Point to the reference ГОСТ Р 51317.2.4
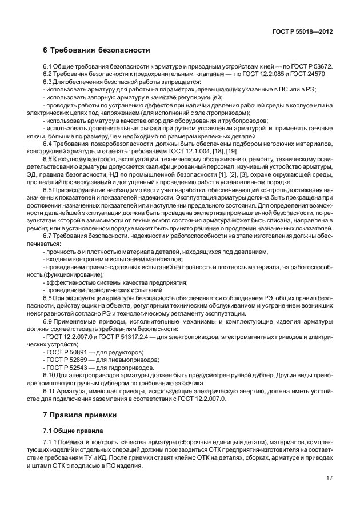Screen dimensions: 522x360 [x=122, y=337]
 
